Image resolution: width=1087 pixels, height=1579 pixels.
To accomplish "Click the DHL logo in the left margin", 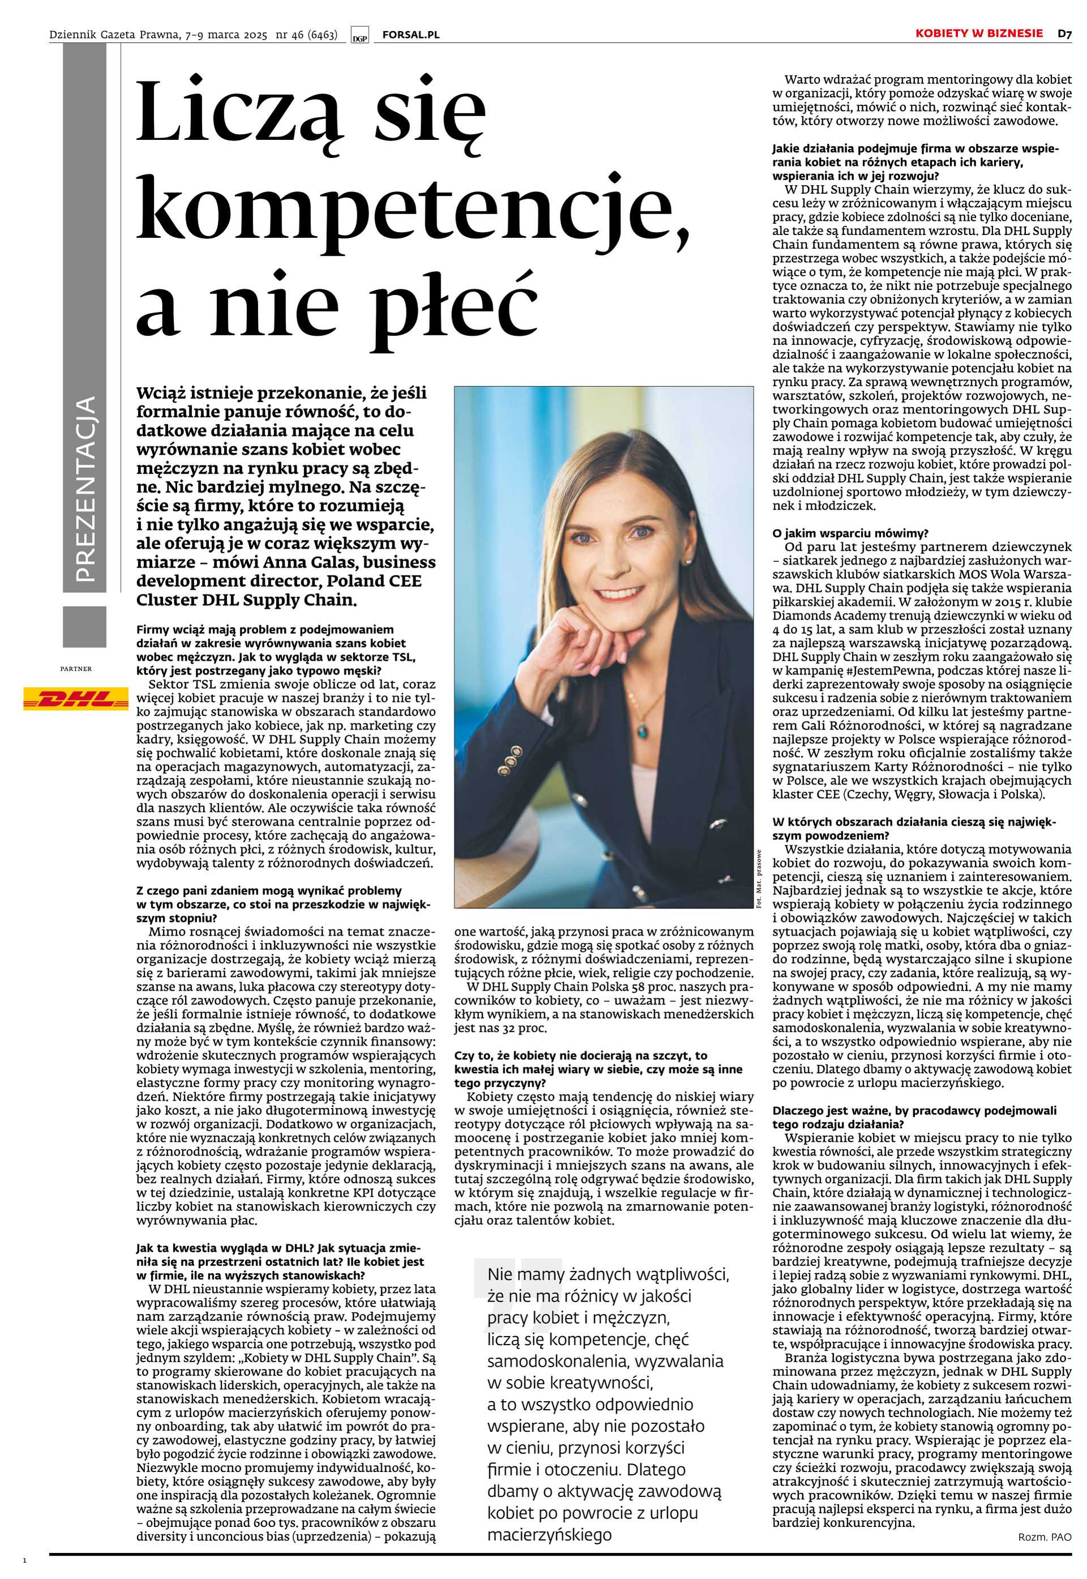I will tap(76, 698).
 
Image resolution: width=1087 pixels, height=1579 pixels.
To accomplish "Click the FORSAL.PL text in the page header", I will tap(410, 34).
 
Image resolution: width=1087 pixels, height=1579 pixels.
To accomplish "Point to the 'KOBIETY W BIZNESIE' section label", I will tap(978, 33).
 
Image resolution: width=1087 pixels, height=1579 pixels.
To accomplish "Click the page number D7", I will tap(1064, 33).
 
